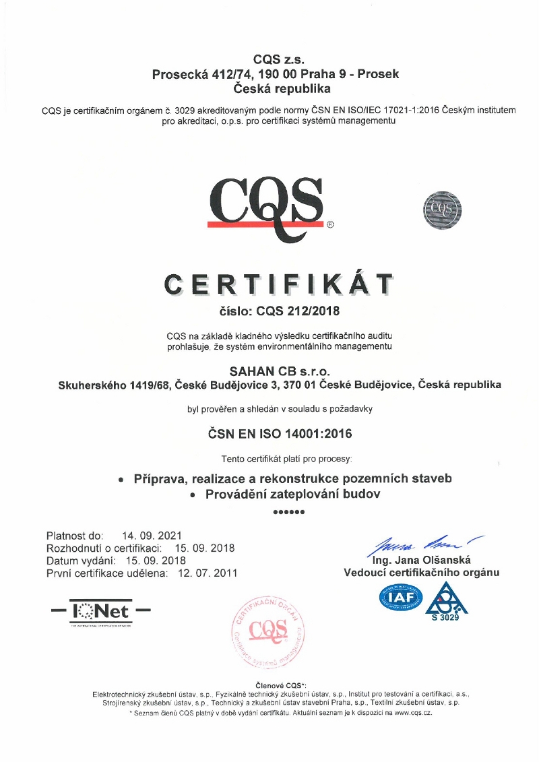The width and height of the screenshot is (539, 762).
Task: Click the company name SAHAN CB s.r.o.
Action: coord(276,371)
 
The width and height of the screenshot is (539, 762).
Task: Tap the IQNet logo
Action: coord(101,612)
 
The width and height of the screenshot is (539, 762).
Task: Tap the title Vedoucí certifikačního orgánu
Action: coord(422,573)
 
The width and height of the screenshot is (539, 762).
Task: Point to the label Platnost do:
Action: coord(75,536)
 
